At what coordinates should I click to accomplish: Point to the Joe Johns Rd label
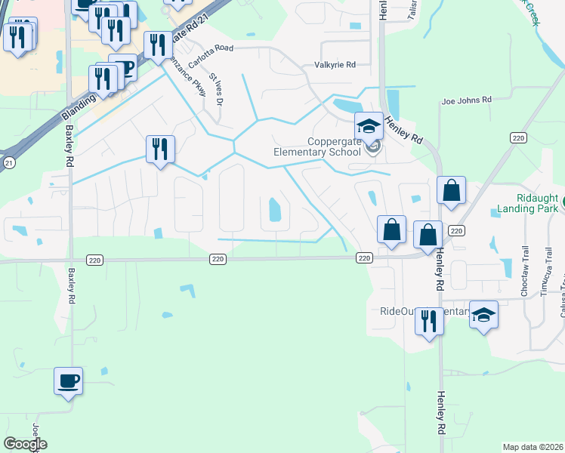(466, 99)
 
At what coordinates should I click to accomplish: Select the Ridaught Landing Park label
(529, 203)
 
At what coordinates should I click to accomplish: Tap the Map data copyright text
(533, 447)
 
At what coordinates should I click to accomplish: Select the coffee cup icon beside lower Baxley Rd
(68, 381)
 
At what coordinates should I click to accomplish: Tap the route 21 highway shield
(8, 162)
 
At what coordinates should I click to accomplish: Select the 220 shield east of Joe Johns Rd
(517, 137)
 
